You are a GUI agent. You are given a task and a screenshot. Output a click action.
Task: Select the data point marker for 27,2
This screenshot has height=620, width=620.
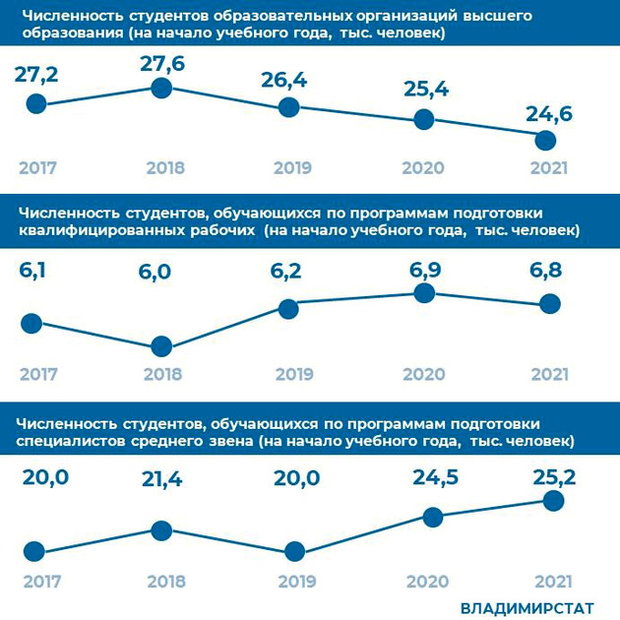click(x=36, y=102)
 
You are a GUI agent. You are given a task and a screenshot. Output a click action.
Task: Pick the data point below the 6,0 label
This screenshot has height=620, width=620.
click(x=161, y=345)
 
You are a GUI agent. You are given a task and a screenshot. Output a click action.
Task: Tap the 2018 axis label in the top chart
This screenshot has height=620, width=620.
click(x=164, y=168)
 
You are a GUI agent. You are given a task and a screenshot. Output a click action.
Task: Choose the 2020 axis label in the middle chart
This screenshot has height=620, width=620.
click(x=422, y=374)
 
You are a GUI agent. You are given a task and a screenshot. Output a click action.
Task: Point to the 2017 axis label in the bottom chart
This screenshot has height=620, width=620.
click(x=36, y=581)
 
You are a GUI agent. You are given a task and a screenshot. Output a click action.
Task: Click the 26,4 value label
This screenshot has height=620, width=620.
click(x=284, y=81)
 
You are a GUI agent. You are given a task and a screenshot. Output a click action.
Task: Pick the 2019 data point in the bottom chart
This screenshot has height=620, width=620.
click(x=292, y=553)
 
